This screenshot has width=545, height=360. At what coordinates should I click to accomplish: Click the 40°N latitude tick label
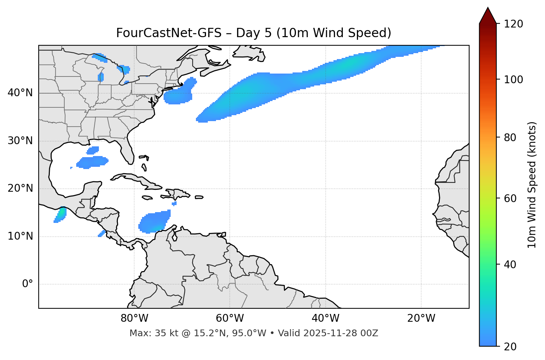20,93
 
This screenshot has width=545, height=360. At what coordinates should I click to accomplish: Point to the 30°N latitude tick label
20,141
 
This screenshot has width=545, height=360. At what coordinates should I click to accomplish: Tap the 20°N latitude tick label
20,188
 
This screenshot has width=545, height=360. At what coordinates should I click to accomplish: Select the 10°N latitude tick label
20,236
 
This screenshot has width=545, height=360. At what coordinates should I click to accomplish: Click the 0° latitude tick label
28,284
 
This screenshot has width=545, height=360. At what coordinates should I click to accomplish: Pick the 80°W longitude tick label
134,318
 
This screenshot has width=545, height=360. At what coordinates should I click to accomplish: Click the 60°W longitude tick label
230,318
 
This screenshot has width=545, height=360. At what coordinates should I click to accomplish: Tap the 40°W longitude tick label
326,318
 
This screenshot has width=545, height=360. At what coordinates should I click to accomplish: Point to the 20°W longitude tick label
421,318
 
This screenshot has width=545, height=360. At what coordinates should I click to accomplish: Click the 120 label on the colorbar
513,24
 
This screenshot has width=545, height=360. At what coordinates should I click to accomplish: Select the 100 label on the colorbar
513,80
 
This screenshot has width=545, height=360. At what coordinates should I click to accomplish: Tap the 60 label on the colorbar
510,198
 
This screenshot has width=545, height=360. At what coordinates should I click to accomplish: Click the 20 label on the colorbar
510,347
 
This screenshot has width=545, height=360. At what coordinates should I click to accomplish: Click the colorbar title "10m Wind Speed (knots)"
532,185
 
